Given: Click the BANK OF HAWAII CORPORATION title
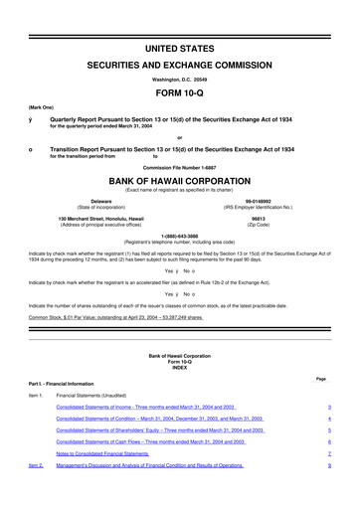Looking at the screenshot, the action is tap(180, 183).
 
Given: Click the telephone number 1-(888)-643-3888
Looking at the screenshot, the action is tap(180, 236).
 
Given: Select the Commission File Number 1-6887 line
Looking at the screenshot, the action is tap(180, 168).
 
